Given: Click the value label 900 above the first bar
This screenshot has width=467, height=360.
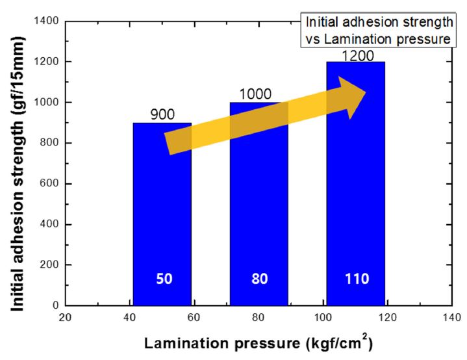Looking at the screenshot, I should [162, 114].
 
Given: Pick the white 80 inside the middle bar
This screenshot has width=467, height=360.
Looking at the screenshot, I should [259, 279].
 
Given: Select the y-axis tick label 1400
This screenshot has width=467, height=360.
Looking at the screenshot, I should [47, 21].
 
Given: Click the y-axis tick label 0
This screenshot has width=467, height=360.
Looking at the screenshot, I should [57, 305].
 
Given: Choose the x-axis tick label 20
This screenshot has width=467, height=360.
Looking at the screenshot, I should [65, 318].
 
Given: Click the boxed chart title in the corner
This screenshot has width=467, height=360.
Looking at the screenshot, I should [378, 30].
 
